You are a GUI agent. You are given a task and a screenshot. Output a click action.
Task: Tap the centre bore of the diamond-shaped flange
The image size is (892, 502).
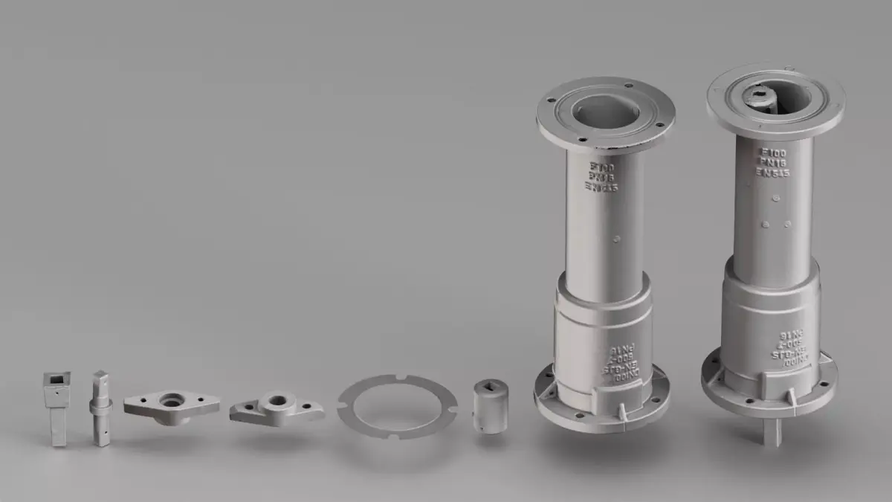pos(172,400)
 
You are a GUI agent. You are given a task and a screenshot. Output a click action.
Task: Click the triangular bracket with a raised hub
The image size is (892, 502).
pos(276,408)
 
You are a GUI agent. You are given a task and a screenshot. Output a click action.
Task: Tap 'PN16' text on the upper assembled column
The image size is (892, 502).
pos(772,161)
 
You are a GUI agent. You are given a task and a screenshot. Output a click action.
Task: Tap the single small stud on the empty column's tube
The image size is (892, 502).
pos(617,239)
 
